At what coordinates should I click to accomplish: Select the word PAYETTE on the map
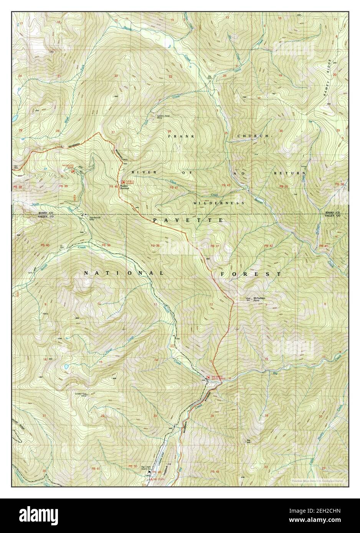pos(188,220)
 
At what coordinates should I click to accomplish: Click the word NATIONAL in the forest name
pos(124,273)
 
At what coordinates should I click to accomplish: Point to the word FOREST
pos(251,275)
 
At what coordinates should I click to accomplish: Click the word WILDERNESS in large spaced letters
pos(219,203)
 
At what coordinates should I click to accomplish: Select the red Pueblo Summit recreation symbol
pos(123,182)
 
